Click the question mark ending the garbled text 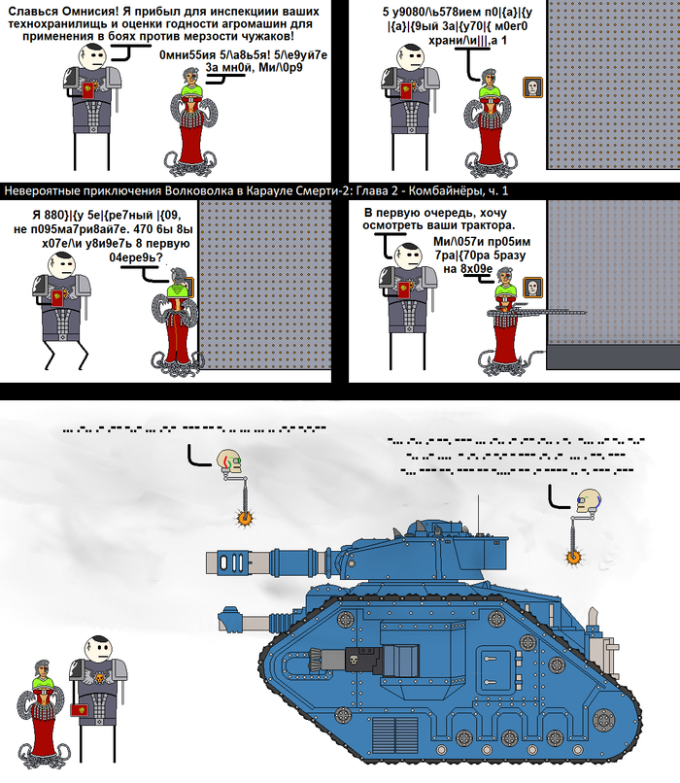pos(158,260)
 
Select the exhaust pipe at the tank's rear pos(613,644)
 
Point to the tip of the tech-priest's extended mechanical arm pos(583,312)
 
